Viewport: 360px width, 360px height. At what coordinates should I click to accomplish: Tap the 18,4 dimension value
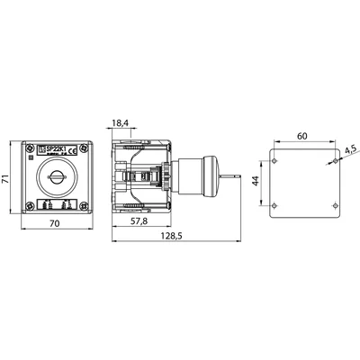pyautogui.click(x=121, y=122)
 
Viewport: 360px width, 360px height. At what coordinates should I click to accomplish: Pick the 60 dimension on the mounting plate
pyautogui.click(x=305, y=136)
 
